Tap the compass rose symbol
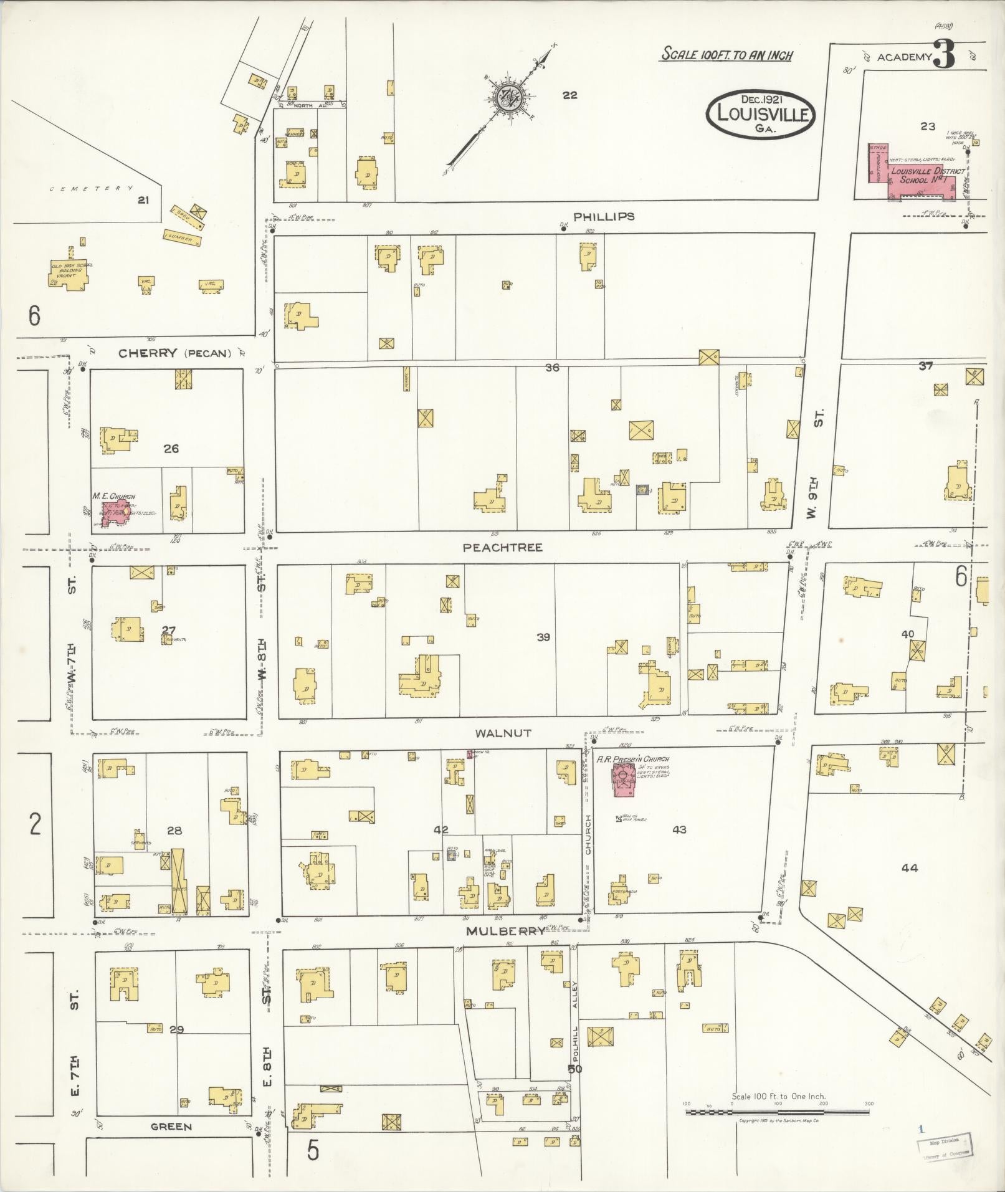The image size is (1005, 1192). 510,99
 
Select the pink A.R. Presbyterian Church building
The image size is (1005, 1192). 624,780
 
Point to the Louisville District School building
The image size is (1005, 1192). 916,174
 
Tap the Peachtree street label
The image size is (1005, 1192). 502,547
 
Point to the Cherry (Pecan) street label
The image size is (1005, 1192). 175,353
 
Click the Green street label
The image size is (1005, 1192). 171,1127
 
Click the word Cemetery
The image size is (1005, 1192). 91,188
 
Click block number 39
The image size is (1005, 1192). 543,637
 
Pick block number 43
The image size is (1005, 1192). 679,829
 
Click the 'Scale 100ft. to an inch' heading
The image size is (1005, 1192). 726,55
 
